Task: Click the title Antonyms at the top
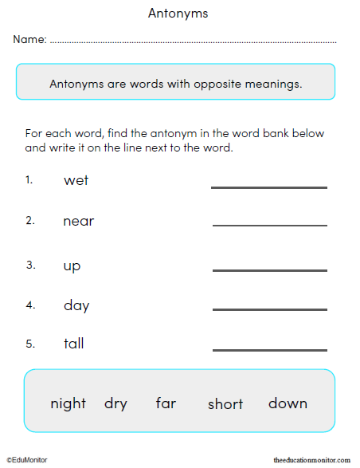pyautogui.click(x=178, y=14)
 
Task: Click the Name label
pyautogui.click(x=29, y=40)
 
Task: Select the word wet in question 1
pyautogui.click(x=76, y=181)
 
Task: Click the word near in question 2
pyautogui.click(x=78, y=222)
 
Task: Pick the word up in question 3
pyautogui.click(x=72, y=266)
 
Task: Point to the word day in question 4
pyautogui.click(x=76, y=306)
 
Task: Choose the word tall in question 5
pyautogui.click(x=73, y=344)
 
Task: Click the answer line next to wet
pyautogui.click(x=269, y=187)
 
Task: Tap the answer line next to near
pyautogui.click(x=269, y=226)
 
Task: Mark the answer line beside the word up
pyautogui.click(x=269, y=270)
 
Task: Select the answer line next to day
pyautogui.click(x=269, y=309)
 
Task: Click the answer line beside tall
pyautogui.click(x=269, y=349)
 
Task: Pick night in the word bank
pyautogui.click(x=68, y=403)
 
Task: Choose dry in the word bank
pyautogui.click(x=115, y=403)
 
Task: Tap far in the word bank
pyautogui.click(x=166, y=403)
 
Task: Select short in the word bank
pyautogui.click(x=225, y=404)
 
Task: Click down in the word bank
pyautogui.click(x=288, y=403)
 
